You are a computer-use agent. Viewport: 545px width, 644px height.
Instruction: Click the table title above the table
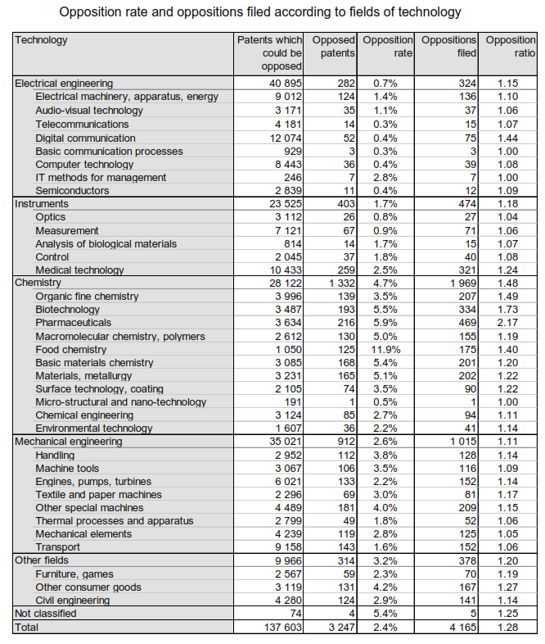point(272,12)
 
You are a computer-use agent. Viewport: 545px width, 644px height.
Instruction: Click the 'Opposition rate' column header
point(388,46)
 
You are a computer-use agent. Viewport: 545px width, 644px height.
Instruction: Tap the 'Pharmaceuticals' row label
point(73,323)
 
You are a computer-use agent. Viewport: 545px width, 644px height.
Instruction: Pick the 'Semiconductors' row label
point(72,191)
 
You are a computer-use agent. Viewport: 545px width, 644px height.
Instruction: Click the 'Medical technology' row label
point(79,270)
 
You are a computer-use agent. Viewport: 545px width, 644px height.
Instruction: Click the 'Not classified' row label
point(46,613)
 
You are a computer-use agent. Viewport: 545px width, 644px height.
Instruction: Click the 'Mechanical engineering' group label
point(68,442)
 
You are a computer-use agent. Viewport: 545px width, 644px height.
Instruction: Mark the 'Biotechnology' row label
point(68,310)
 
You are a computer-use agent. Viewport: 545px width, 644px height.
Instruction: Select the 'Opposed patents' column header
point(333,46)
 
